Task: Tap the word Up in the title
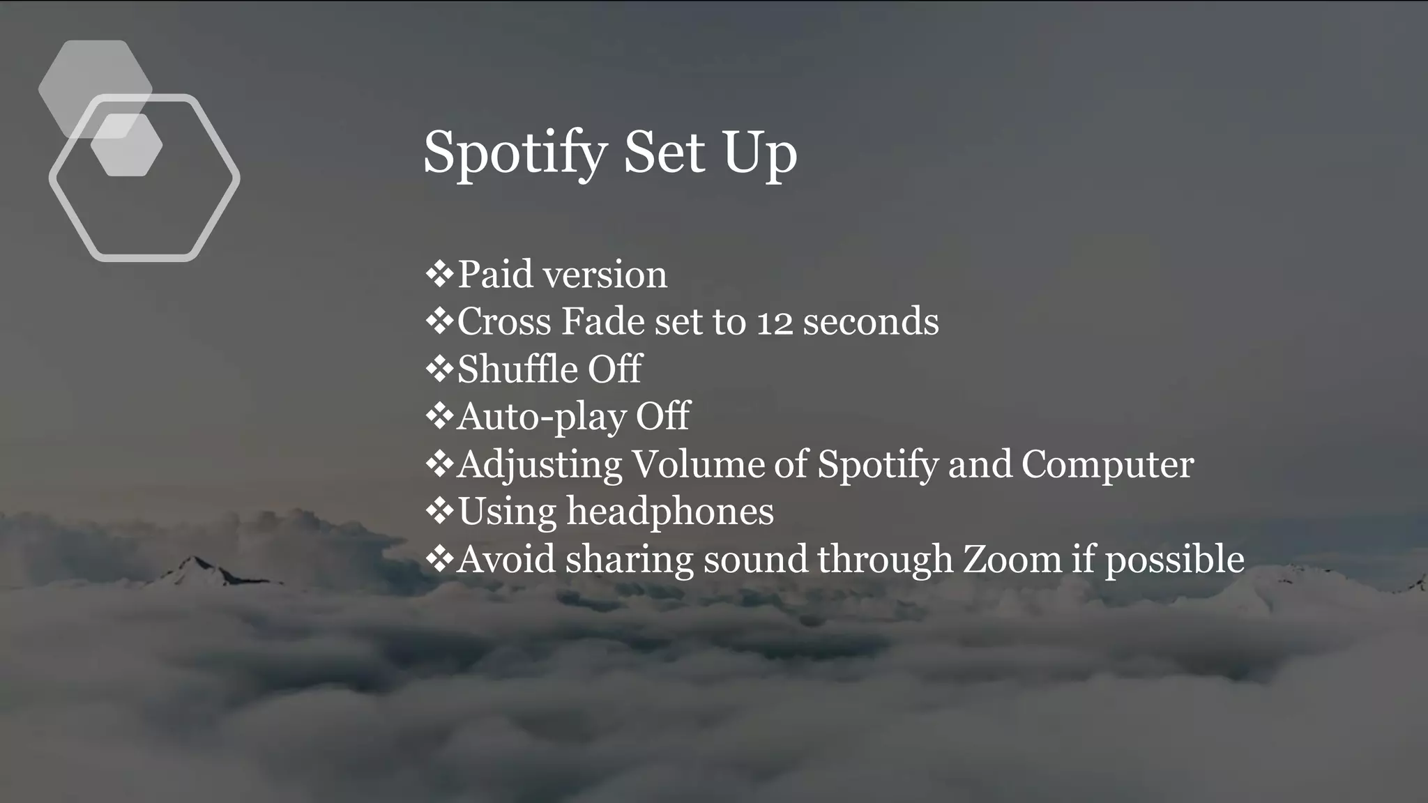[760, 154]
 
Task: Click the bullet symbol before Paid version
[439, 274]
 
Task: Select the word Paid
[496, 274]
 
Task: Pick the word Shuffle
[517, 369]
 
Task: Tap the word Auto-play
[541, 417]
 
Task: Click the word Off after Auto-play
[662, 416]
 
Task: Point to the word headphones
[670, 512]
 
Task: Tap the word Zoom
[1012, 560]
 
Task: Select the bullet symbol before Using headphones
[439, 511]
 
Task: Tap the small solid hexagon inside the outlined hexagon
[127, 145]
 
